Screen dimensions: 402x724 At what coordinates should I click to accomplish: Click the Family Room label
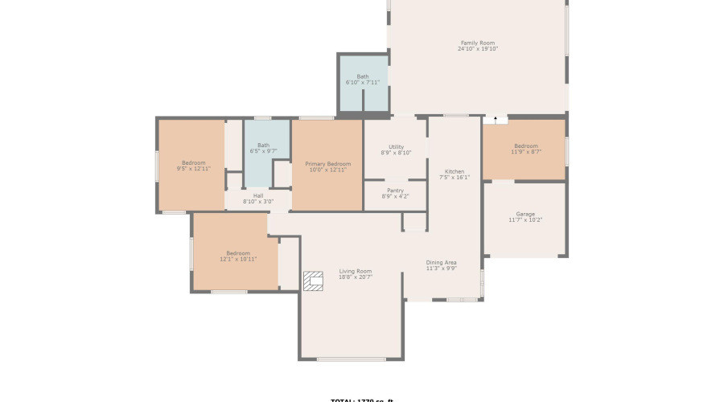tap(477, 43)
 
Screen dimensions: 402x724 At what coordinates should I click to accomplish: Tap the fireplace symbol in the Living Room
tap(313, 281)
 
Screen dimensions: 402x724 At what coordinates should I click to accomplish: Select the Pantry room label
tap(395, 191)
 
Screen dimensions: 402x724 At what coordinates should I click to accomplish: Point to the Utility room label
tap(395, 147)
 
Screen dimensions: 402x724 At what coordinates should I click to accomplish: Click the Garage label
tap(525, 214)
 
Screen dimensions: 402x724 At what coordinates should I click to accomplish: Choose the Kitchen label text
tap(455, 171)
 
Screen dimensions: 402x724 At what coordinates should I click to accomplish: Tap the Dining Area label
tap(441, 262)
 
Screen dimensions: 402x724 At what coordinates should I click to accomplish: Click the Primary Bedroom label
tap(327, 163)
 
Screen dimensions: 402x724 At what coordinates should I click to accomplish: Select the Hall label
tap(258, 195)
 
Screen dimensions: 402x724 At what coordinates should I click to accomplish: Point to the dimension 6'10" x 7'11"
tap(363, 82)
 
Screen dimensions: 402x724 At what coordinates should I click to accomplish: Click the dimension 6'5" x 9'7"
tap(263, 151)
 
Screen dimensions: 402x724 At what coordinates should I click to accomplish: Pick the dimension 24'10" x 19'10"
tap(478, 49)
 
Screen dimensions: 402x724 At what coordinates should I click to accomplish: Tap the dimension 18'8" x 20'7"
tap(355, 277)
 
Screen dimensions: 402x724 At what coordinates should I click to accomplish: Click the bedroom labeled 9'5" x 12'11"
tap(193, 166)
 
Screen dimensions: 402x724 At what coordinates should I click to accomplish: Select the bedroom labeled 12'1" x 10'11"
tap(238, 256)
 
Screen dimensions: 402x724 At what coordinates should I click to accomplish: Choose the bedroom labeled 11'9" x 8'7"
tap(525, 149)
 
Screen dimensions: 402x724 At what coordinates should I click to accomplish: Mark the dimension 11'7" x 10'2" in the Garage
tap(525, 219)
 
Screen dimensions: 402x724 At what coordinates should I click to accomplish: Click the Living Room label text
tap(355, 271)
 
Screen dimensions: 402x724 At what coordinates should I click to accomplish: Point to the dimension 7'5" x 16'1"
tap(455, 177)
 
